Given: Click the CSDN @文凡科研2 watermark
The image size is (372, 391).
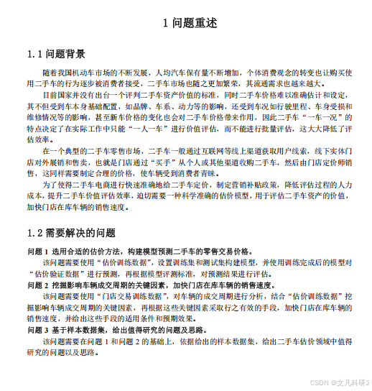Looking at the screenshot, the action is [x=337, y=382].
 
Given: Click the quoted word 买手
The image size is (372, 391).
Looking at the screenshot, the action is [x=195, y=162].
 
